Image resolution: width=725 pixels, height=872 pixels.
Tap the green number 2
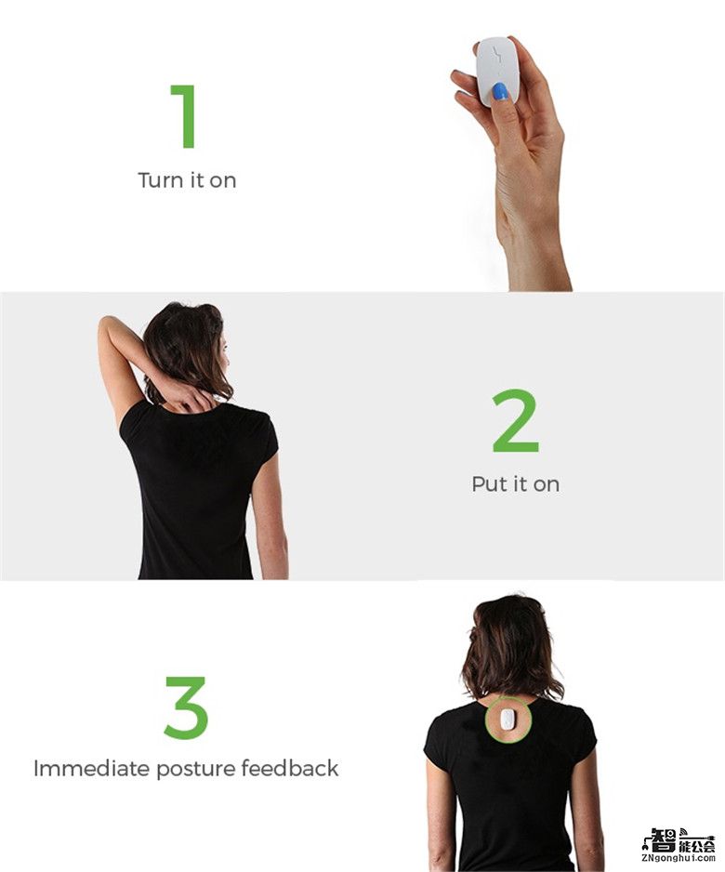[515, 420]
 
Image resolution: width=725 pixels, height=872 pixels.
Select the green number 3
[186, 707]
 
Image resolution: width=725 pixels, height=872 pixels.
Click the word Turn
[161, 180]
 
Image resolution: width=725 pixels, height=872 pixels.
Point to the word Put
[489, 483]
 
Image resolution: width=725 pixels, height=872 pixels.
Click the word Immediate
[92, 769]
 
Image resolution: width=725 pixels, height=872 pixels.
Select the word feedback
[290, 768]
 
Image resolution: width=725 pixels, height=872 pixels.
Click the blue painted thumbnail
[500, 91]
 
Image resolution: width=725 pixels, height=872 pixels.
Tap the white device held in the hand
[497, 72]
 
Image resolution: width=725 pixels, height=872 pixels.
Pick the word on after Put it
[547, 485]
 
